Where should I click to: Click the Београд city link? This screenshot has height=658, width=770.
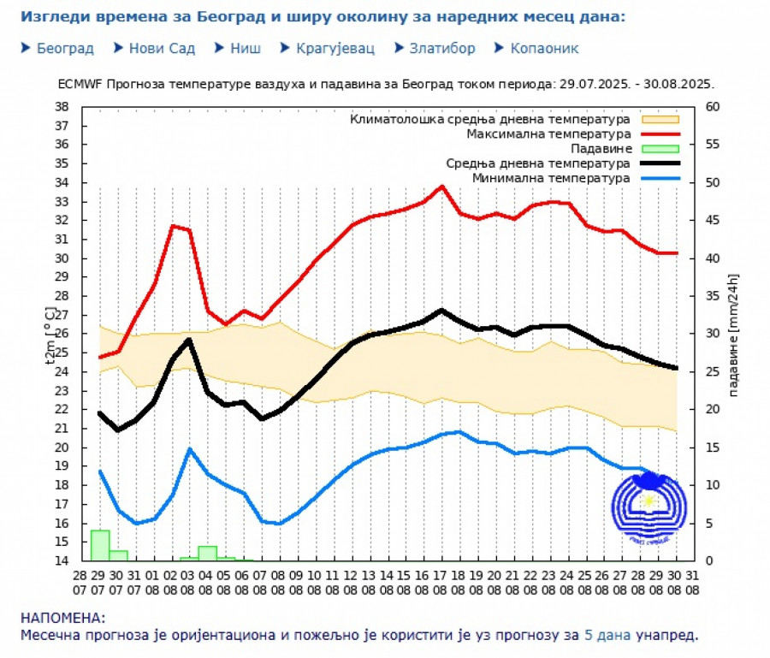tap(65, 49)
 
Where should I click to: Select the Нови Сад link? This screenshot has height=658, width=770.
tap(162, 49)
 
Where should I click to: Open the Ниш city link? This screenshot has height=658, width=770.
tap(245, 49)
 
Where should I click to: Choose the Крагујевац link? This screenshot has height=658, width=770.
tap(335, 49)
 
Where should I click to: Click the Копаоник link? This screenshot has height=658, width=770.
tap(544, 49)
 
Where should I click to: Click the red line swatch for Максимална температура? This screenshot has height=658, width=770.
tap(658, 134)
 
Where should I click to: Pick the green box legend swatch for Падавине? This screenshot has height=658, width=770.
tap(658, 149)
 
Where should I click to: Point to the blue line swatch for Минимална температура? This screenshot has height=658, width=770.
tap(658, 178)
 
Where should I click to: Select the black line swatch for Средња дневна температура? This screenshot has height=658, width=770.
tap(658, 163)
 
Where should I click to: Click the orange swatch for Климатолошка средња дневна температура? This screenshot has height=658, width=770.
tap(658, 120)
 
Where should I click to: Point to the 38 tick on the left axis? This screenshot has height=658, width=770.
tap(62, 107)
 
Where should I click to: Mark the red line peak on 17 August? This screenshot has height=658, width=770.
tap(442, 186)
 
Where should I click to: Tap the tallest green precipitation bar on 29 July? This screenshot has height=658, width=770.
tap(100, 545)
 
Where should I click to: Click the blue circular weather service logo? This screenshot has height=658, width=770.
tap(649, 507)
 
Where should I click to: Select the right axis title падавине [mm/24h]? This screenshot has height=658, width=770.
tap(734, 334)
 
